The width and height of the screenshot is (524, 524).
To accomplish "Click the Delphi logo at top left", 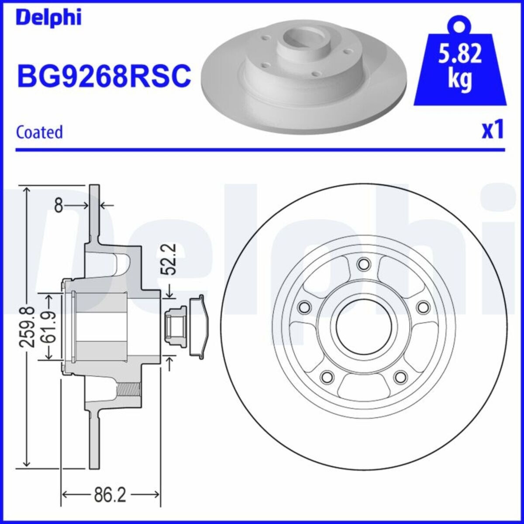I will (x=48, y=17).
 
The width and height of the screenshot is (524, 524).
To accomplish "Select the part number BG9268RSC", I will (x=103, y=75).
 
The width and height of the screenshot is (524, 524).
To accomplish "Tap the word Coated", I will (x=39, y=132).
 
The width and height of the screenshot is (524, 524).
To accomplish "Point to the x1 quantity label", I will (x=493, y=130).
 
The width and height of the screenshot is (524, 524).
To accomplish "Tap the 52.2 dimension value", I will (x=169, y=259).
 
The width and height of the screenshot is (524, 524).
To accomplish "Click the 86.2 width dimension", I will (x=110, y=495).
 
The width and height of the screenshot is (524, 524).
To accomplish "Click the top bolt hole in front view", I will (x=362, y=264).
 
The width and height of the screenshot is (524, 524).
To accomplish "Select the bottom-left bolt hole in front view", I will (x=326, y=376).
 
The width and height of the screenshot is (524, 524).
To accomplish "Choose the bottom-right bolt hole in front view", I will (x=399, y=376).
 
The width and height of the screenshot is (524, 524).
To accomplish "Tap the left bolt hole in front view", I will (x=303, y=307).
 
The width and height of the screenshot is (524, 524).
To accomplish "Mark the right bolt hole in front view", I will (x=422, y=307).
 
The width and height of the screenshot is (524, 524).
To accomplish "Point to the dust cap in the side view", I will (x=199, y=327).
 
